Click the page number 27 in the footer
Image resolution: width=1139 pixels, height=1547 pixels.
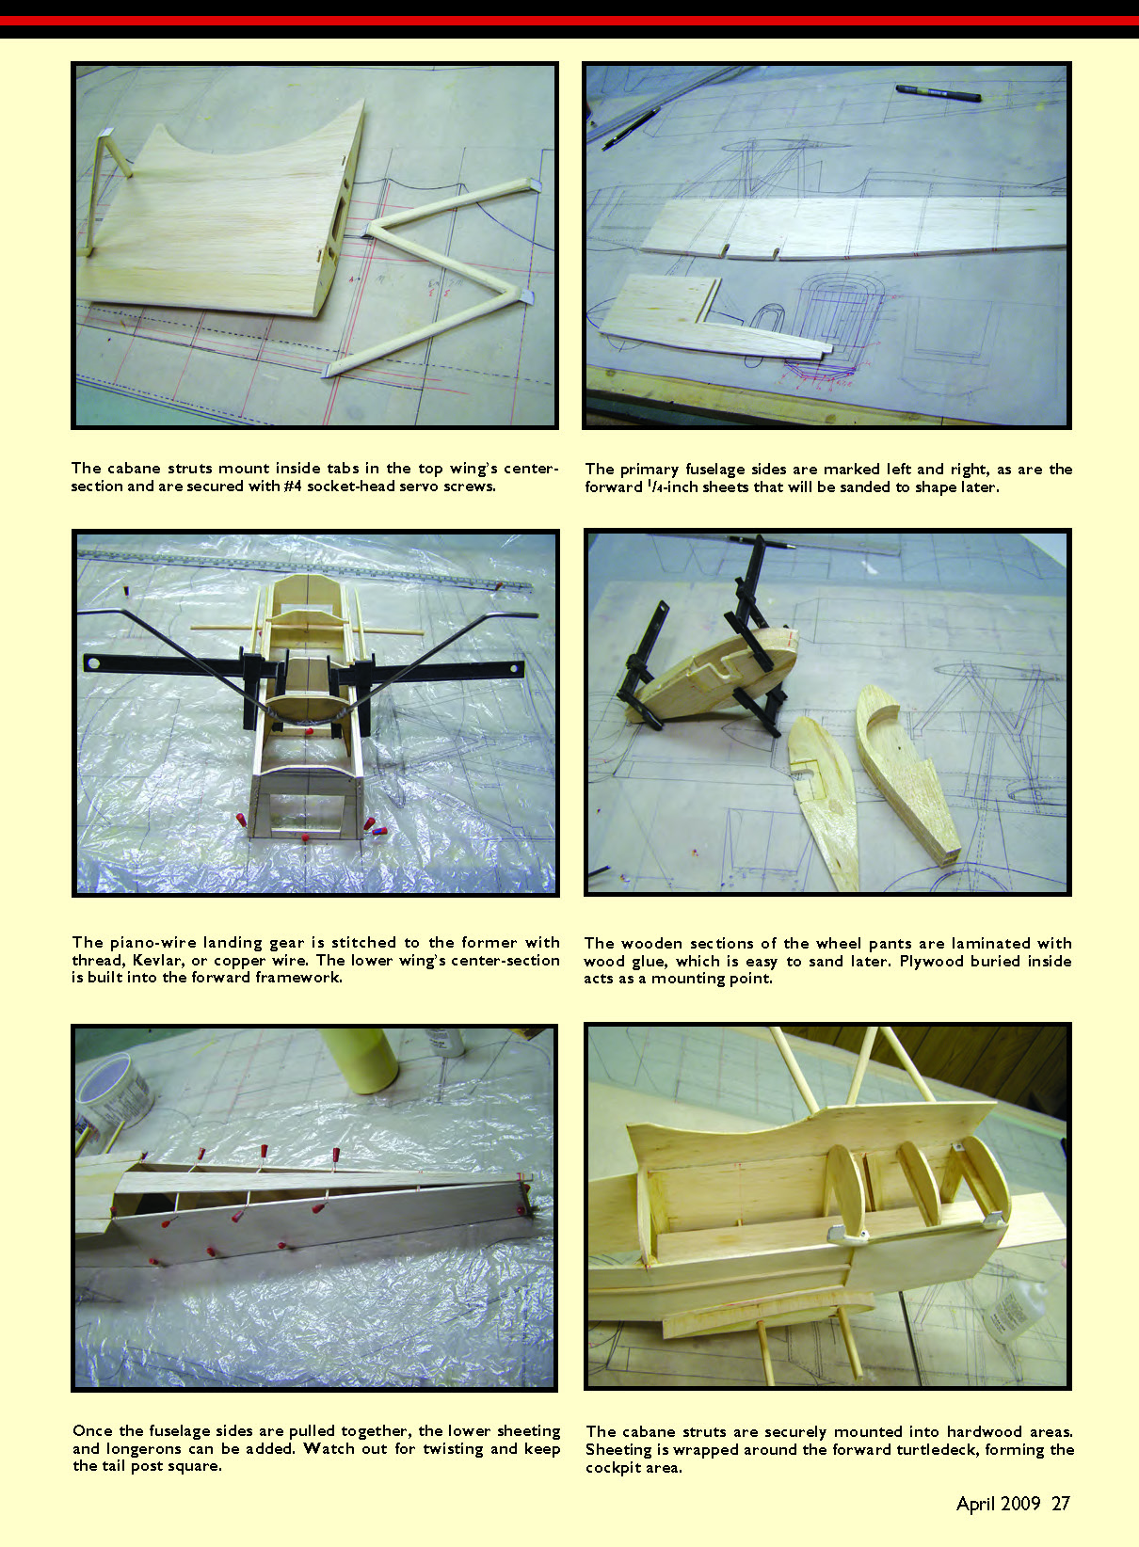point(1061,1504)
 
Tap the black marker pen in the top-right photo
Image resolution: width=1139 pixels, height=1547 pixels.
point(938,92)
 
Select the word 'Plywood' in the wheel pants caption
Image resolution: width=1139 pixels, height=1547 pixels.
point(928,962)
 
